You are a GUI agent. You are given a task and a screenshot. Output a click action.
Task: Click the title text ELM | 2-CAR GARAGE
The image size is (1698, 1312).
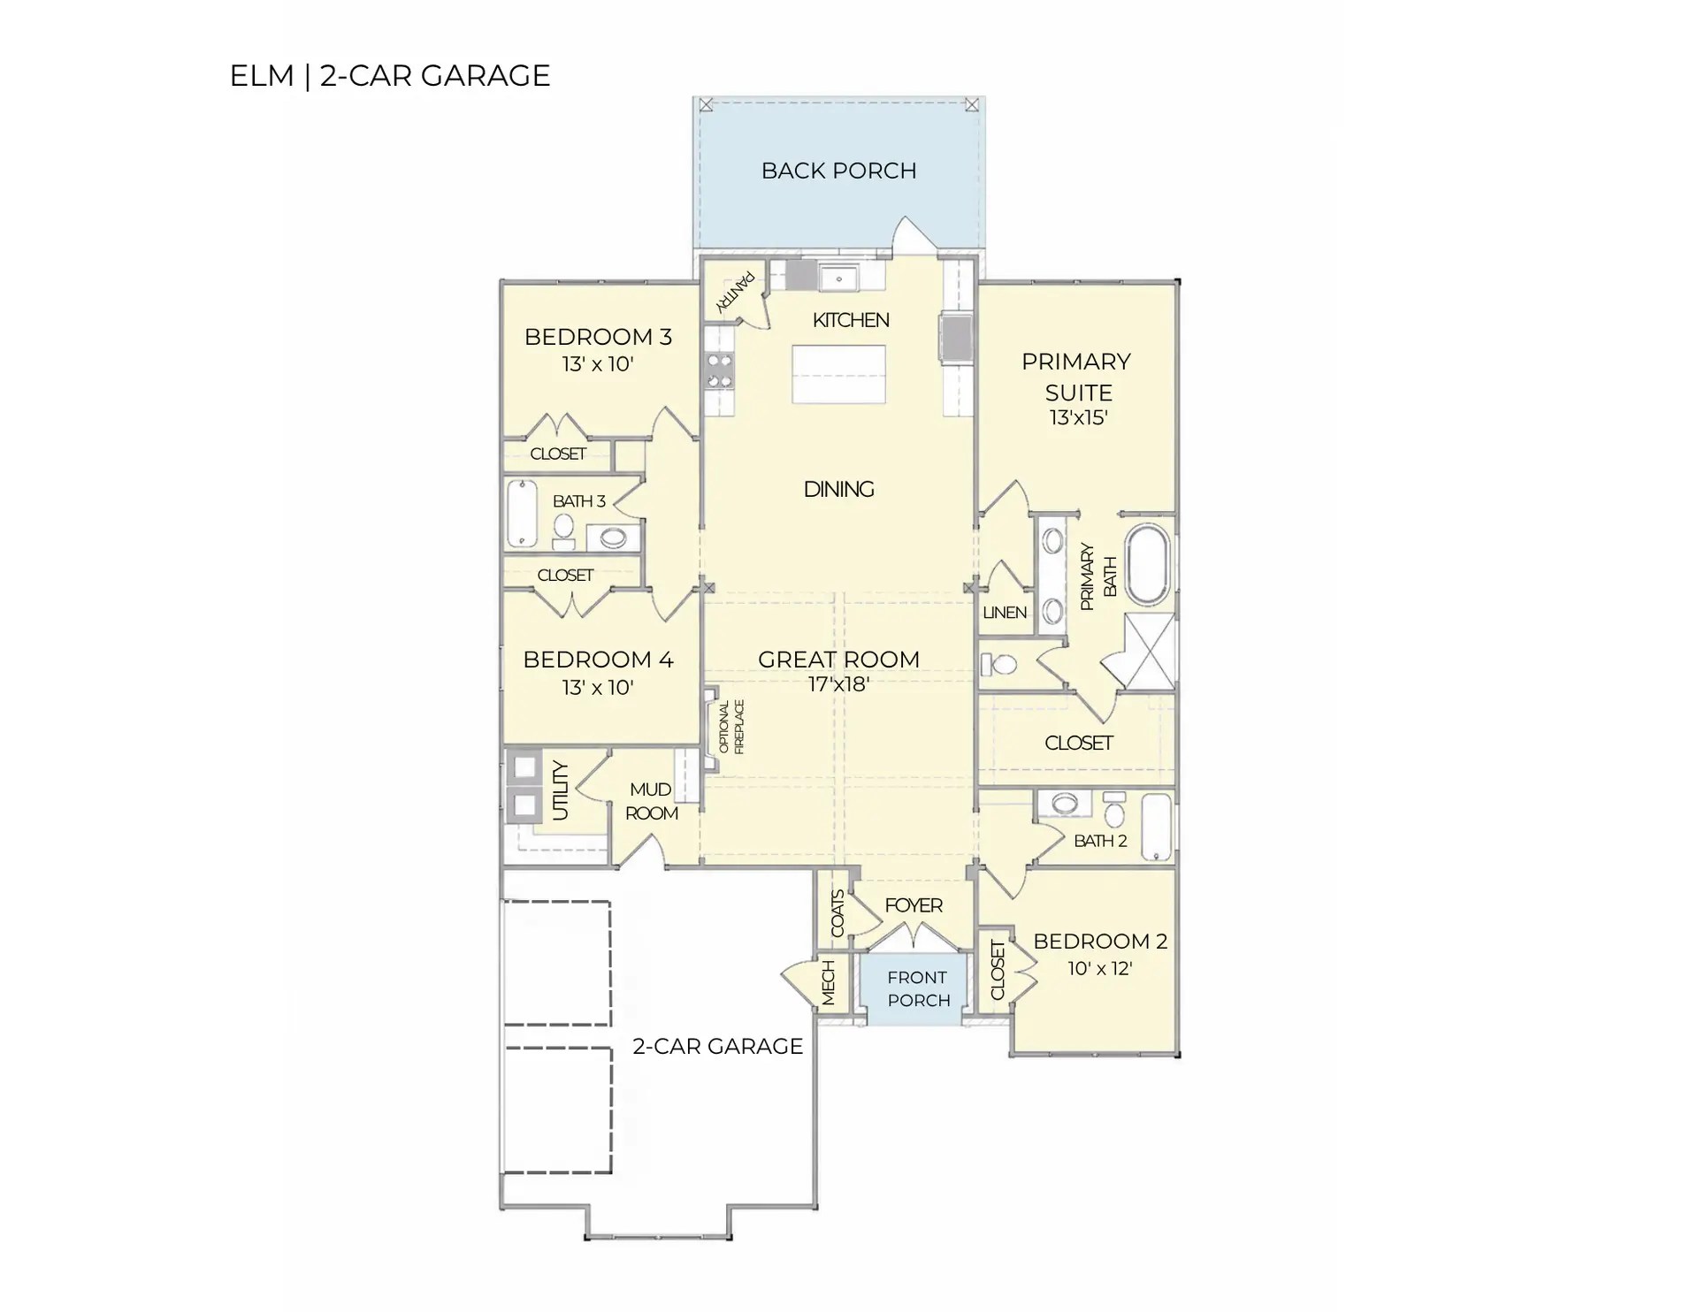tap(390, 76)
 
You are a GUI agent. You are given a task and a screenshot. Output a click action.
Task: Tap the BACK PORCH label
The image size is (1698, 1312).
tap(838, 171)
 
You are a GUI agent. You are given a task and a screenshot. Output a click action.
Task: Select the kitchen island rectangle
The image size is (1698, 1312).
tap(838, 375)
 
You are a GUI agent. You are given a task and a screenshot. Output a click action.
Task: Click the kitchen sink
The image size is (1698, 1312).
tap(838, 278)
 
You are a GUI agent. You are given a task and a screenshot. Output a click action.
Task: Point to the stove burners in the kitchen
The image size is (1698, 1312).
tap(720, 370)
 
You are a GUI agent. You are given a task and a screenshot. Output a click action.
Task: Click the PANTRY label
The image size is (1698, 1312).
tap(736, 292)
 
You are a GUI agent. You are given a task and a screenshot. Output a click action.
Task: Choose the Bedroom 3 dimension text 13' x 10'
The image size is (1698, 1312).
tap(598, 364)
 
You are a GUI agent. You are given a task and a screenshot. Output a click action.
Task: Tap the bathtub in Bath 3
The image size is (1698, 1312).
tap(523, 514)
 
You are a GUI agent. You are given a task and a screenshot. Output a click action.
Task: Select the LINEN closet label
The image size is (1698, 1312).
tap(1005, 613)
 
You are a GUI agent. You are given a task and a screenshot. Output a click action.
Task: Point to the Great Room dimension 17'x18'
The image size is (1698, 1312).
tap(838, 684)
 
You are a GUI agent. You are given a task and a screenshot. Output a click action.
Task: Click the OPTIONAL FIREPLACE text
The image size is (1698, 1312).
tap(731, 727)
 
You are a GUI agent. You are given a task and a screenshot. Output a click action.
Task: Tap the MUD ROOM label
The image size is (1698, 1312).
tap(652, 801)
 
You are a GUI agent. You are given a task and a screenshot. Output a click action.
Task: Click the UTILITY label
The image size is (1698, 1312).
tap(560, 790)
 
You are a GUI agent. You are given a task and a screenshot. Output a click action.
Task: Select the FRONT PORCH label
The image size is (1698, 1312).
tap(918, 988)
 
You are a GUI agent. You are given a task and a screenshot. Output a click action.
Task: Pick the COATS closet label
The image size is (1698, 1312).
tap(838, 913)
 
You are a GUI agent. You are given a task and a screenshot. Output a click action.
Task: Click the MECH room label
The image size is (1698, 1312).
tap(829, 982)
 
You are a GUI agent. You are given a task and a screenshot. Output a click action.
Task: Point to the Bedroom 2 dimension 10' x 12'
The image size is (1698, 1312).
tap(1099, 968)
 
